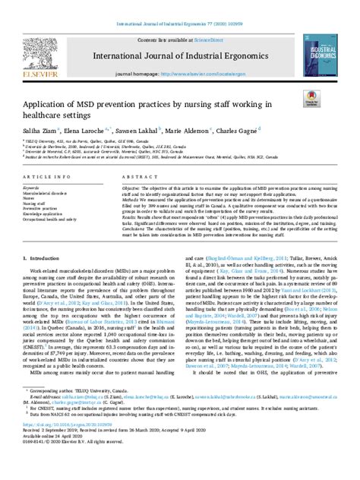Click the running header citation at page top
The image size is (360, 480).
click(179, 5)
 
